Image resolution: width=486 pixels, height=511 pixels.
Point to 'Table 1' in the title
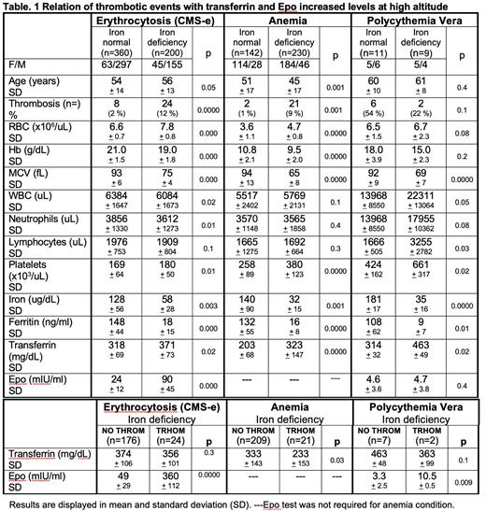click(24, 7)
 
